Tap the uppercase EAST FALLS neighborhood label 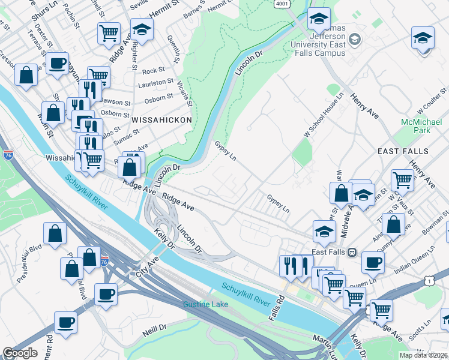[403, 151]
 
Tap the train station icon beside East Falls [352, 252]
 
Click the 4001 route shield [282, 3]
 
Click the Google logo [20, 353]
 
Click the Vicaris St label [184, 95]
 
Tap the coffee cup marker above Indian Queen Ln [373, 262]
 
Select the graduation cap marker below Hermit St [142, 29]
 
